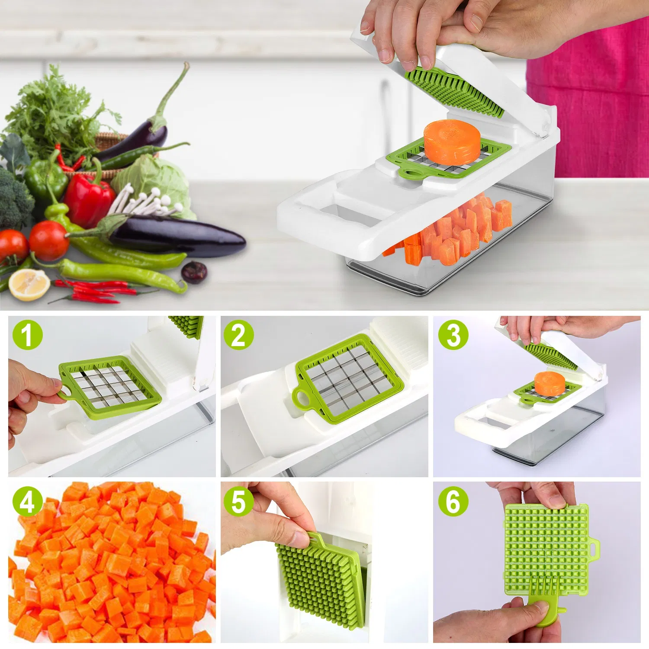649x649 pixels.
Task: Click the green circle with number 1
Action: coord(27,334)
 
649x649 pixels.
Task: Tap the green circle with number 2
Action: coord(238,334)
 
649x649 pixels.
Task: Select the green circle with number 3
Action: coord(453,334)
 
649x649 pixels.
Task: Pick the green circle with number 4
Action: coord(27,501)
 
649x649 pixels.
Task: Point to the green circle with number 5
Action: coord(238,501)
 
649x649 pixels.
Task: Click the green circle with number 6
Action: coord(453,501)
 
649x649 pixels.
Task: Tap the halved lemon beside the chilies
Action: coord(29,284)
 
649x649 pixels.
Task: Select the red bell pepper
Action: coord(89,199)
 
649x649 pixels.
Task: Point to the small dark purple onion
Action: coord(194,272)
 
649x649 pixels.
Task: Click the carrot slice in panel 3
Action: coord(549,382)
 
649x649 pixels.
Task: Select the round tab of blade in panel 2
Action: coord(302,398)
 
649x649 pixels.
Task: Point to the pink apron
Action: coord(597,108)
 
